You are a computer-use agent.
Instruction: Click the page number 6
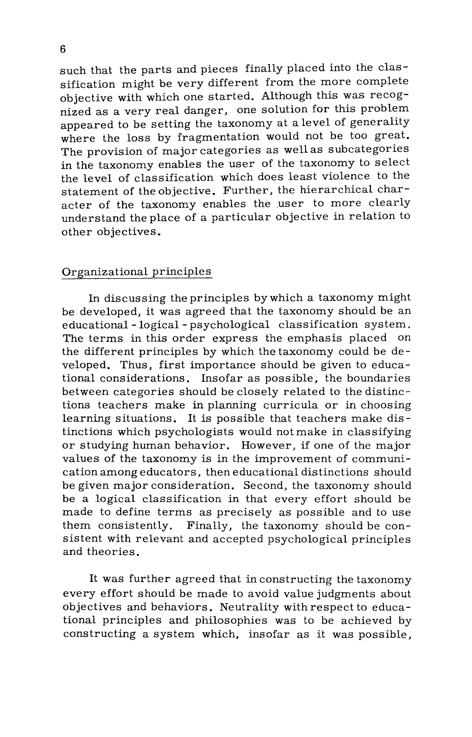tap(63, 49)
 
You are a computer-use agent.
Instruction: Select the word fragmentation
tap(218, 137)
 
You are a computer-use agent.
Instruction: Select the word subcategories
tap(369, 149)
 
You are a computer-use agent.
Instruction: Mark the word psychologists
tap(194, 432)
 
